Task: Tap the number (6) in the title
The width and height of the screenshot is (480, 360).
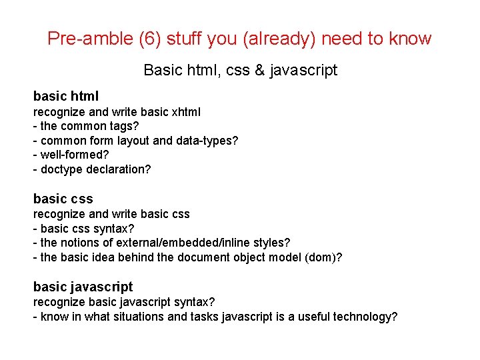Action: point(149,39)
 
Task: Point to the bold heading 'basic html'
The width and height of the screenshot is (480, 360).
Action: point(66,97)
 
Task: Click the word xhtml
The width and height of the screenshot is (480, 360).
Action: point(183,112)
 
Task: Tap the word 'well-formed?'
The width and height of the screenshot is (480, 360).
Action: point(72,155)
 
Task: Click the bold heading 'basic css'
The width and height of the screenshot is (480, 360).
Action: point(63,199)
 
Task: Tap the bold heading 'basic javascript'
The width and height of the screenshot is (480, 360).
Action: point(83,287)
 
